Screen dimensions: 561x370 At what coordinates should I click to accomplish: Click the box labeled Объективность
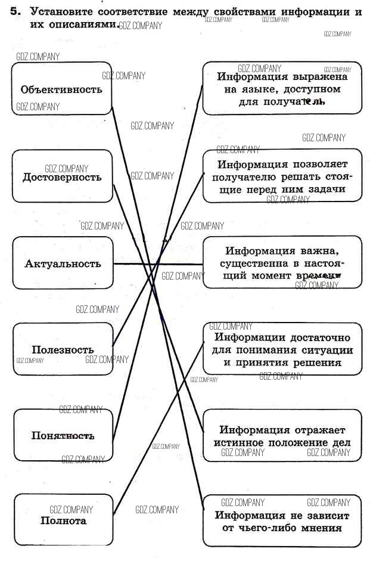click(62, 89)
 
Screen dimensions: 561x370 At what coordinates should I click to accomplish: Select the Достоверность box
click(62, 176)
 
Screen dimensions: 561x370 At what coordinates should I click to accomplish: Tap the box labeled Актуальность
click(63, 264)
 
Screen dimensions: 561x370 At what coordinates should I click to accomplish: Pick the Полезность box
click(63, 349)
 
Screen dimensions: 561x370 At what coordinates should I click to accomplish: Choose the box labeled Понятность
click(63, 435)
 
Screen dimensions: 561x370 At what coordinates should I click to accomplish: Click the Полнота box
click(63, 520)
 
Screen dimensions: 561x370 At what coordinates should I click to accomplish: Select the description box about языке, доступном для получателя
click(282, 88)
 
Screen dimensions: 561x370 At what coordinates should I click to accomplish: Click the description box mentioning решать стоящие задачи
click(282, 176)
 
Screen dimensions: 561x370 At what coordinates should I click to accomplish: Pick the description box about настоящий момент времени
click(282, 263)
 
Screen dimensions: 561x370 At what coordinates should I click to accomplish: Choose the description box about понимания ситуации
click(282, 349)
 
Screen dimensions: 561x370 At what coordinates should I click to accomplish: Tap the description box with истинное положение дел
click(282, 436)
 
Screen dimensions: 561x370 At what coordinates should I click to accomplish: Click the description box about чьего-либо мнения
click(282, 522)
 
